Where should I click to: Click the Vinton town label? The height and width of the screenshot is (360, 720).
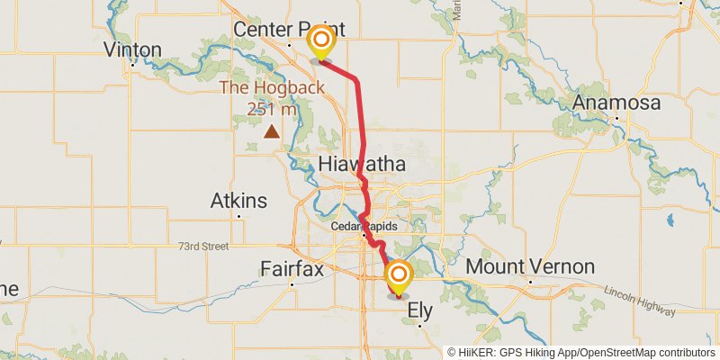point(133,49)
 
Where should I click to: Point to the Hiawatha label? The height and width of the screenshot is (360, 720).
point(362,164)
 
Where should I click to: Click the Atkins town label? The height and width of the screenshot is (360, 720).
point(238,200)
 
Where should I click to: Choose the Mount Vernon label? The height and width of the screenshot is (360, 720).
point(530,266)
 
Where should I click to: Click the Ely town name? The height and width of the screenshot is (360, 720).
point(420,310)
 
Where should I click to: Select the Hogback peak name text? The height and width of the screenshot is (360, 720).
point(272,88)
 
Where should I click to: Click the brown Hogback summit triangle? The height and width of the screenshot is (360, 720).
point(272,131)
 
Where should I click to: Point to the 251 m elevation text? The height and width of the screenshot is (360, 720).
point(272,108)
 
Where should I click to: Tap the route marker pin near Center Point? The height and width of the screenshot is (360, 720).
point(320,42)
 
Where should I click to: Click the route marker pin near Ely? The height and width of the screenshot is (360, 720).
point(398,275)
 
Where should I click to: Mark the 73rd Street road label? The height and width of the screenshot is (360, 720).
point(203,246)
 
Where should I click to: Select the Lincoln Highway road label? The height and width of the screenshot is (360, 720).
point(639,303)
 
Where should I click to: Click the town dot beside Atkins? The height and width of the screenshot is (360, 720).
point(238,216)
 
